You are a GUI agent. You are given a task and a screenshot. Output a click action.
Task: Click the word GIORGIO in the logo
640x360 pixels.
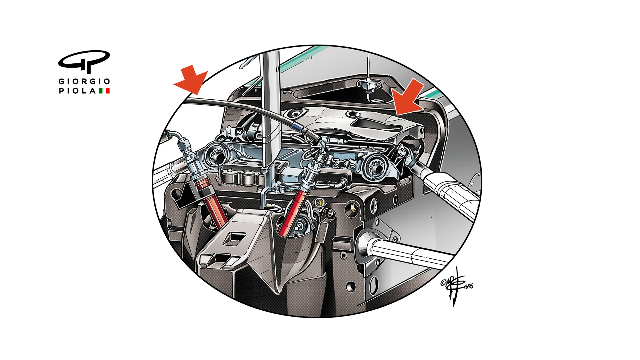(x=84, y=81)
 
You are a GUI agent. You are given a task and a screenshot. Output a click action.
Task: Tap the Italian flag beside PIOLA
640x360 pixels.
(x=104, y=91)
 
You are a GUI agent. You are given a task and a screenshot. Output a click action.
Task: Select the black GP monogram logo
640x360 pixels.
(x=84, y=61)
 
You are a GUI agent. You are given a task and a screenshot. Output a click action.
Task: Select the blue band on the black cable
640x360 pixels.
(x=296, y=126)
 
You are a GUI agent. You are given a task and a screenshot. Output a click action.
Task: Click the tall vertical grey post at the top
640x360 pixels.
(x=270, y=110)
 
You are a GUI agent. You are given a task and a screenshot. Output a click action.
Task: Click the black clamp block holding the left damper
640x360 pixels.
(x=183, y=197)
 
